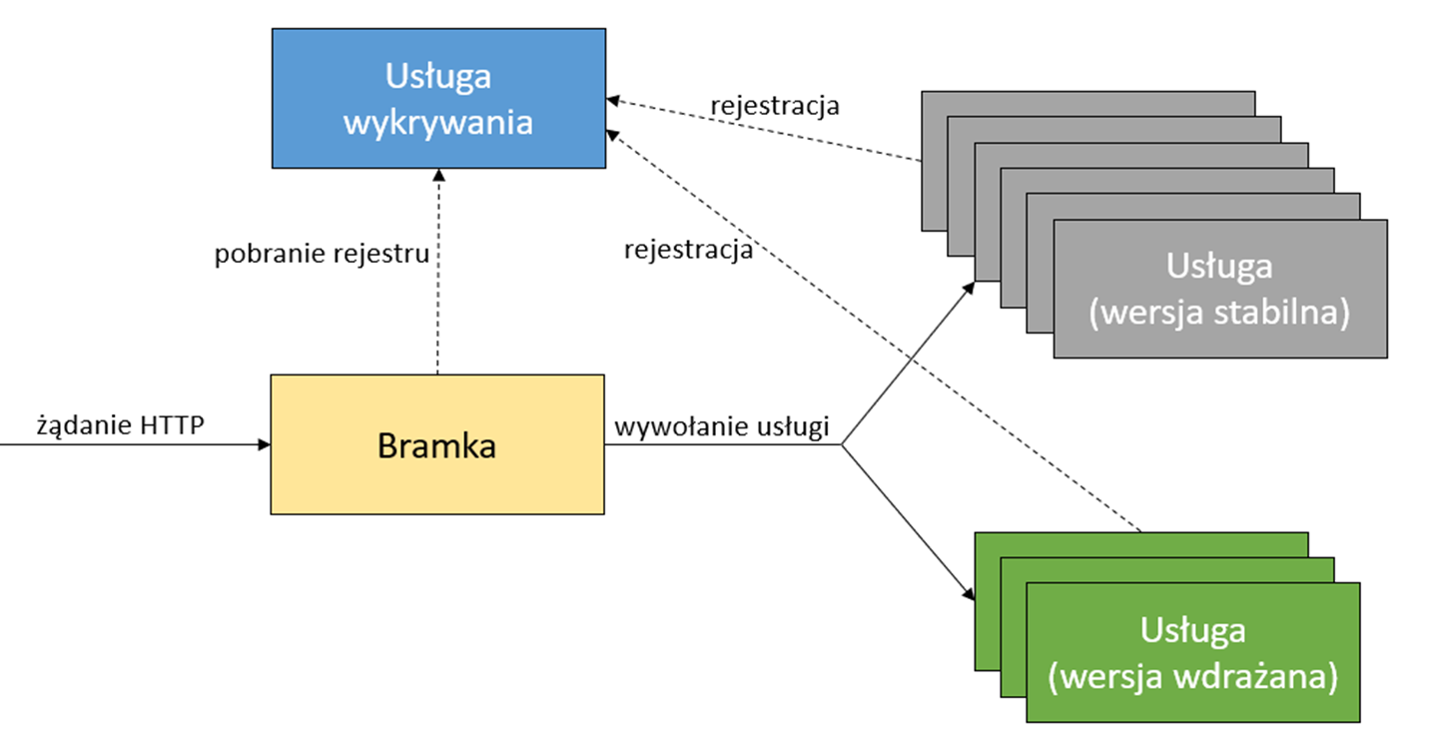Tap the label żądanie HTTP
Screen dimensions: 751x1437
coord(120,426)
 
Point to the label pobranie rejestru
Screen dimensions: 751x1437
coord(322,254)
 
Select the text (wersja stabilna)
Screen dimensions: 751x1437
coord(1219,312)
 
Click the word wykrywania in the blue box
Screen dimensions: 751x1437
coord(437,123)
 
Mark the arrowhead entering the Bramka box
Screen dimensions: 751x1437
coord(264,445)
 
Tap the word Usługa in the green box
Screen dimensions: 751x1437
coord(1192,631)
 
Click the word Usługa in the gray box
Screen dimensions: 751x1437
coord(1219,267)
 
